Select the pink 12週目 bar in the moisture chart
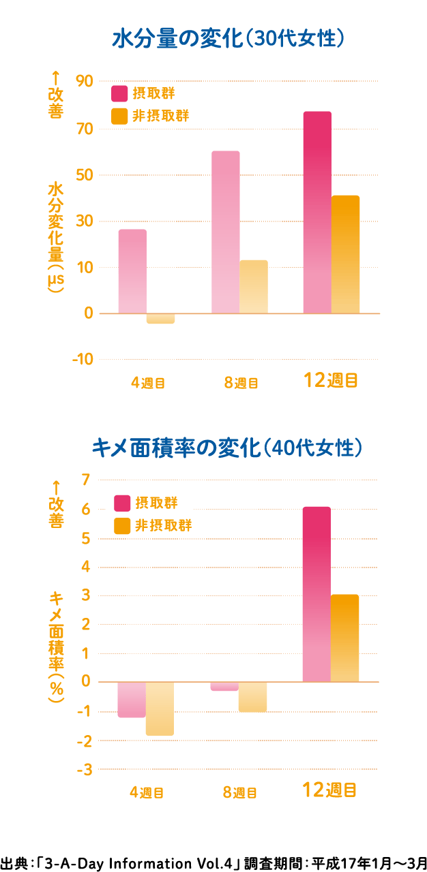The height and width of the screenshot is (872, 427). tap(317, 212)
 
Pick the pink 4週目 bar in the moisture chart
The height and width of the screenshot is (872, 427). tap(132, 271)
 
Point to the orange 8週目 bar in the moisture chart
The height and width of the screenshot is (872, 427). tap(254, 287)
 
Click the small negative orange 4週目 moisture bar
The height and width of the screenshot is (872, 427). tap(160, 318)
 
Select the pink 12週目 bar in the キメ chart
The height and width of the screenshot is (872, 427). tap(316, 594)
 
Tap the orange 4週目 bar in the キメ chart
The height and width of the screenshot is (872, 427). tap(160, 708)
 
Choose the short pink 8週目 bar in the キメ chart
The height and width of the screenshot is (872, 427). tap(224, 686)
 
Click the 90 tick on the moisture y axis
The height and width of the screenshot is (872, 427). tap(85, 82)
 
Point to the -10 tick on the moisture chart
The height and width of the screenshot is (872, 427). tap(83, 360)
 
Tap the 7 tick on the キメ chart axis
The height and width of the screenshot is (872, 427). tap(85, 480)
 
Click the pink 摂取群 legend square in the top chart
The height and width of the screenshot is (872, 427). tap(120, 93)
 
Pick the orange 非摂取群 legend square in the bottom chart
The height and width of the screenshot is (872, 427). tap(122, 525)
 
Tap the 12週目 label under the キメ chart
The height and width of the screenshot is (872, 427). tap(330, 790)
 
